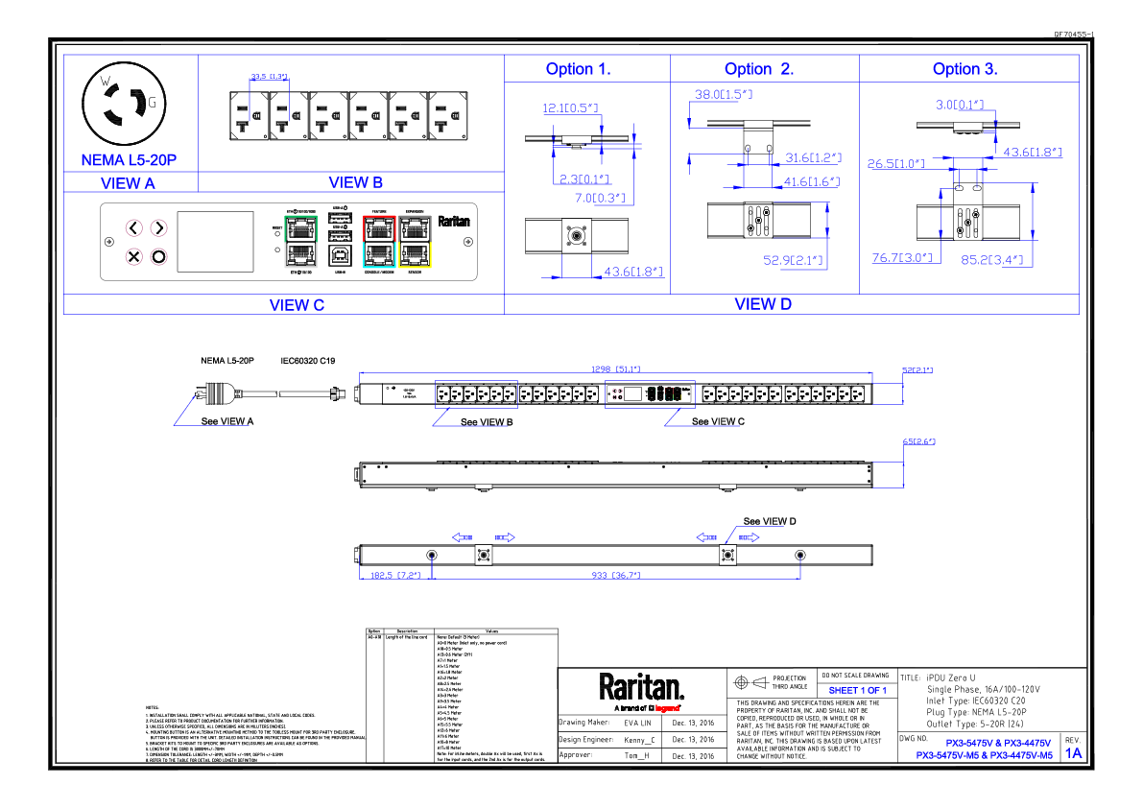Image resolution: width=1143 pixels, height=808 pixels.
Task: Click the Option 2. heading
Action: click(759, 69)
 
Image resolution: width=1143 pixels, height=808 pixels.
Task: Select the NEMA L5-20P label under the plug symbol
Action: click(129, 160)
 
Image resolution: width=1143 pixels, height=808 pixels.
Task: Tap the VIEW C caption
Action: click(297, 305)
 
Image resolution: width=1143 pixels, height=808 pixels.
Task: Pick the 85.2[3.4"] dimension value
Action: click(992, 259)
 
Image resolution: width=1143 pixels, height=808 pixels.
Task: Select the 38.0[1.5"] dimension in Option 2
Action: click(724, 95)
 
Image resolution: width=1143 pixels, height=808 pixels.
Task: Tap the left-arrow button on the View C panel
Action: click(134, 228)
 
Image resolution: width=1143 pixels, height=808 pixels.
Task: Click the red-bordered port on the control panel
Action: click(380, 228)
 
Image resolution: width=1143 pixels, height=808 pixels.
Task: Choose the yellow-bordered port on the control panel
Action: click(417, 254)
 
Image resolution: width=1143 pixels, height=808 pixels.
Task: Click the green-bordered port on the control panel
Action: click(300, 228)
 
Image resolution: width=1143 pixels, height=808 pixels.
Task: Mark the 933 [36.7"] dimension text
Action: click(615, 575)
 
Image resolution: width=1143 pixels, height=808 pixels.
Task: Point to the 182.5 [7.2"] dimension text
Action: click(391, 575)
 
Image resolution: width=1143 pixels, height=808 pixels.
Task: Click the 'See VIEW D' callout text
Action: click(770, 521)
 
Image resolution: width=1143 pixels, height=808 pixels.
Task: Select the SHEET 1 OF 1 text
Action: click(857, 690)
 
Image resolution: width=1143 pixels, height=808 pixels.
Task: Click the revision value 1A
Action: click(1073, 753)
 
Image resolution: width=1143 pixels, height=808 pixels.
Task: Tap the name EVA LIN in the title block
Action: click(637, 722)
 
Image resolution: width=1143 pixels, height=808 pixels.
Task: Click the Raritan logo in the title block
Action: click(642, 688)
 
